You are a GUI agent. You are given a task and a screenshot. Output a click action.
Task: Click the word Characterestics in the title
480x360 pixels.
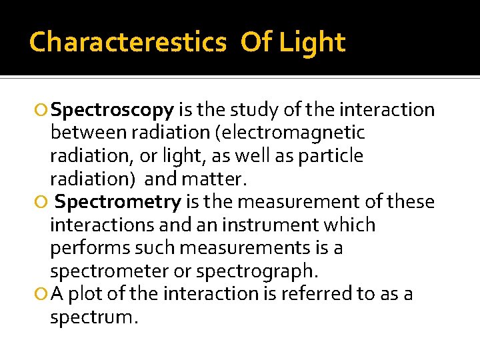[127, 42]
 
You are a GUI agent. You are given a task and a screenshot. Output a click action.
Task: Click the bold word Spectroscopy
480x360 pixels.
[113, 110]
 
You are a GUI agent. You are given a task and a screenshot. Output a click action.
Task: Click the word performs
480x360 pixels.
[91, 248]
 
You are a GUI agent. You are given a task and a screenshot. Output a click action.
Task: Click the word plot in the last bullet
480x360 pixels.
[85, 294]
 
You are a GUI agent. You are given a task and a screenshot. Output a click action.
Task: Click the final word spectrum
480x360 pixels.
[93, 317]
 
